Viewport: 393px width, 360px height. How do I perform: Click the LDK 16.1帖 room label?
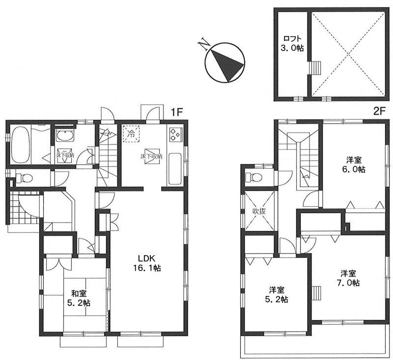pos(146,263)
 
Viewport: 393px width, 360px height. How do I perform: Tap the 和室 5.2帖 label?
pos(79,298)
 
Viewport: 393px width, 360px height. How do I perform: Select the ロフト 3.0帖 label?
pos(292,43)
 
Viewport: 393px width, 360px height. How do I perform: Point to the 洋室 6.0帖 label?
pos(354,164)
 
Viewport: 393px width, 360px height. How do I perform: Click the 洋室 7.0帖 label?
pos(348,278)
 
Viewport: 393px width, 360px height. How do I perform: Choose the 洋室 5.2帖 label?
pos(277,295)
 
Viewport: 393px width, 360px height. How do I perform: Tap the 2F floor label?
pos(378,111)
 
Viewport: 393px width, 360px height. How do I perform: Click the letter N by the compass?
pos(203,44)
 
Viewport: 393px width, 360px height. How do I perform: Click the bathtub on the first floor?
pos(21,145)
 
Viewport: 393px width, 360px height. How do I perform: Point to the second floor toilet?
pos(254,178)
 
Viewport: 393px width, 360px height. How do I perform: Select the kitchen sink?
pos(175,169)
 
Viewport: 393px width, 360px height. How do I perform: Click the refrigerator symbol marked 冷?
pos(131,134)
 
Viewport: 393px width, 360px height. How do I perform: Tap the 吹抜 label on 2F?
pos(259,211)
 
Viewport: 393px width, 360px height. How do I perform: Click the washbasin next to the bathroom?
pos(65,136)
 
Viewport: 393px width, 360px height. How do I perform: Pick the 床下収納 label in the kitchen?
pos(151,156)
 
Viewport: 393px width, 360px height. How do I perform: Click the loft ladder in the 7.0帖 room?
pos(316,292)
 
